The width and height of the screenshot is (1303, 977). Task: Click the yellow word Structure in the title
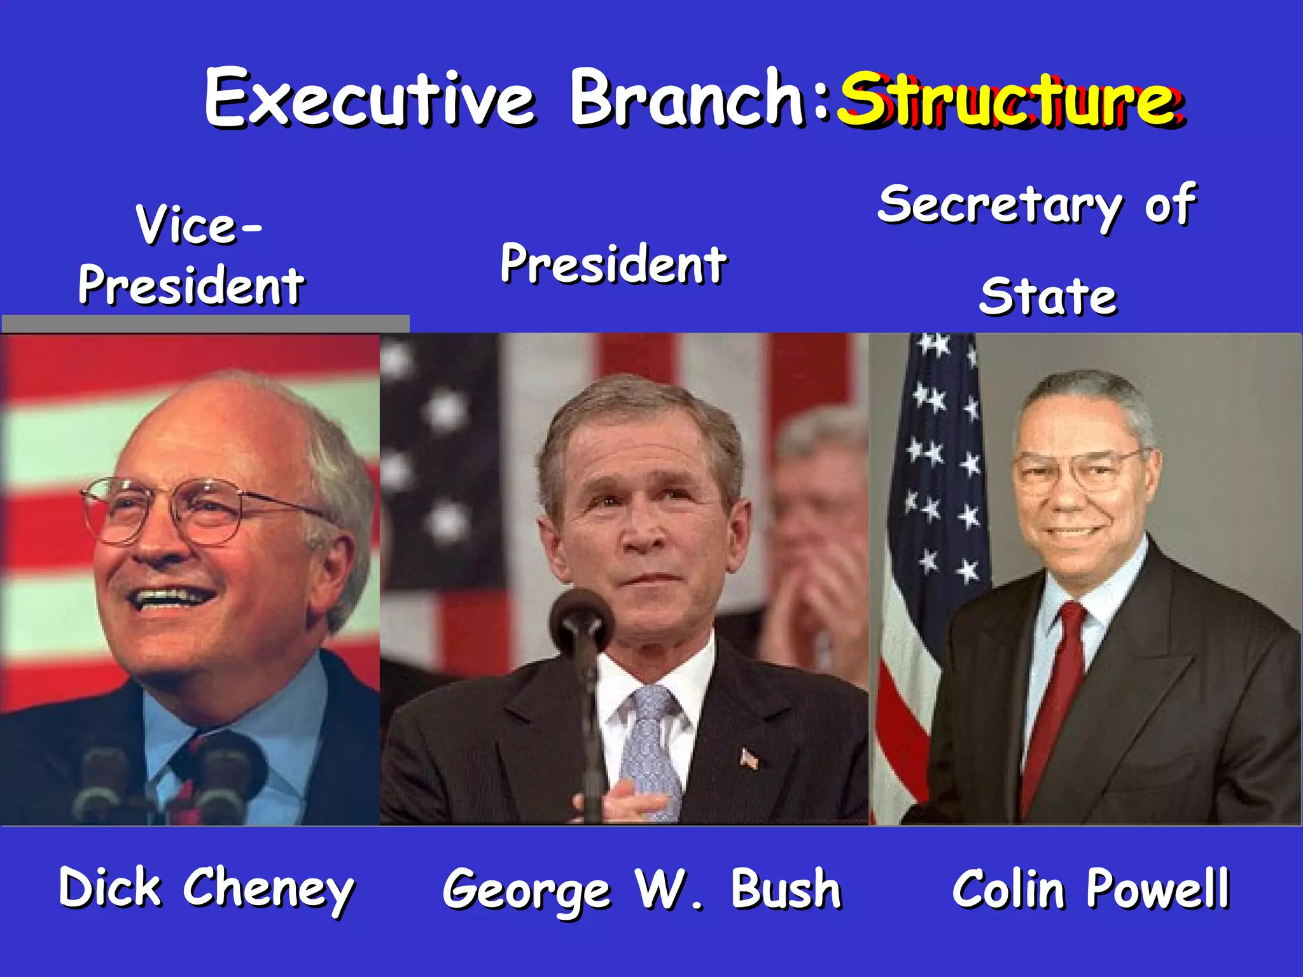point(1008,100)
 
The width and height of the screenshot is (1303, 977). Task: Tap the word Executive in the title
point(370,99)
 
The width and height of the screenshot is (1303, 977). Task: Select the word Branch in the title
point(687,99)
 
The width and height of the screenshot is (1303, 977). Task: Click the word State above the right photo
point(1048,297)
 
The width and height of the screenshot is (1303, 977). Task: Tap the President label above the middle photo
point(613,263)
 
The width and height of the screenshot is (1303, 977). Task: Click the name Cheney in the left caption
point(268,889)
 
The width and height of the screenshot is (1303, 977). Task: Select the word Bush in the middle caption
point(786,889)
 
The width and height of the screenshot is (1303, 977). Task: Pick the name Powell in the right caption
point(1157,889)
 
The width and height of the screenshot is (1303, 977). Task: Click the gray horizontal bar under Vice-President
point(205,323)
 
